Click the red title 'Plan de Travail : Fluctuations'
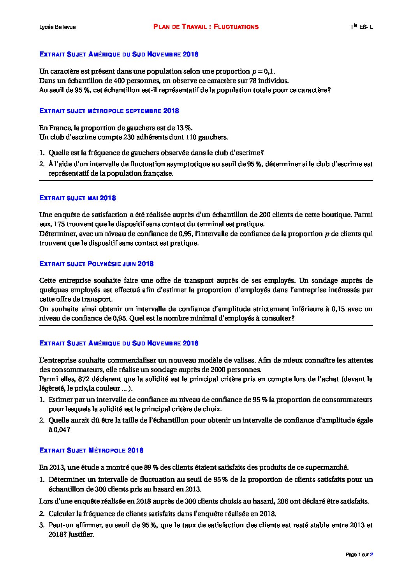(206, 27)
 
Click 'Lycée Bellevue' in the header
(58, 27)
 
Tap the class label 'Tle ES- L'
(361, 27)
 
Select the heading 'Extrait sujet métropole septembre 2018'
(109, 111)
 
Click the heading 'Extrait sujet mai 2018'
(77, 198)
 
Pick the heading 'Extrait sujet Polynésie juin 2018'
(97, 264)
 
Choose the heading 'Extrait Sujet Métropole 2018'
(92, 451)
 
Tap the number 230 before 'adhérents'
(129, 137)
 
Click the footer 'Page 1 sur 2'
(359, 555)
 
